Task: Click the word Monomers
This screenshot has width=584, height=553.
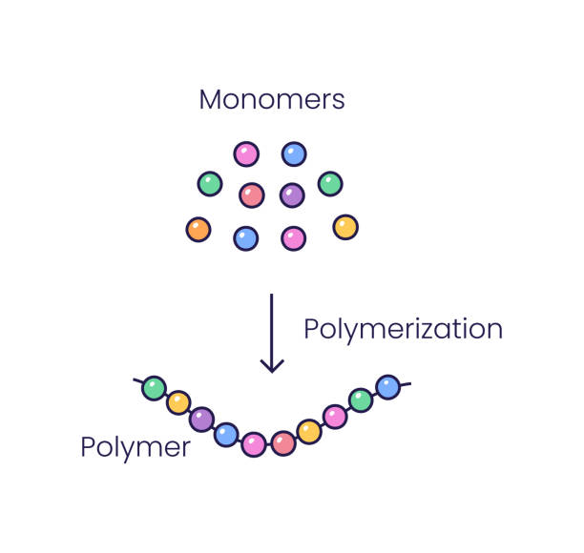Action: pyautogui.click(x=271, y=99)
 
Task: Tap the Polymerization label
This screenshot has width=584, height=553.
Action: pyautogui.click(x=403, y=329)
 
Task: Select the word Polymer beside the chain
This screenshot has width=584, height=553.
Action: pyautogui.click(x=135, y=446)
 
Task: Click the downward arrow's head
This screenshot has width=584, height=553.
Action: pyautogui.click(x=272, y=364)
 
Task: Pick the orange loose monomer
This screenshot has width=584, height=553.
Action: pyautogui.click(x=198, y=229)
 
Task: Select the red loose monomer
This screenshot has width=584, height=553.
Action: pyautogui.click(x=251, y=195)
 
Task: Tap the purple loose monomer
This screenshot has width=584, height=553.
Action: pyautogui.click(x=292, y=195)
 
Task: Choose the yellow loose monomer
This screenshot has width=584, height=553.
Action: pyautogui.click(x=345, y=227)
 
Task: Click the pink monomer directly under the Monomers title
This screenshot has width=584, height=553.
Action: pyautogui.click(x=246, y=154)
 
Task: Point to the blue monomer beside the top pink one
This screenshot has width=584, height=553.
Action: pyautogui.click(x=294, y=154)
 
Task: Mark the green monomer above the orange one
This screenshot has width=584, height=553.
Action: pyautogui.click(x=210, y=183)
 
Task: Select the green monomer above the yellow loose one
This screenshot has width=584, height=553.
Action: pyautogui.click(x=330, y=183)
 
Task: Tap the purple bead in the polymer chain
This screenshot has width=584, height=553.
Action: pyautogui.click(x=201, y=419)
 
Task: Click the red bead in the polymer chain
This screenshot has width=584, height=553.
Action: pyautogui.click(x=283, y=443)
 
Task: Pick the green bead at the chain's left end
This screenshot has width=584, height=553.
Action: pyautogui.click(x=154, y=388)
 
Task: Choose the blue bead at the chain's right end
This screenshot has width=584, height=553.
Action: pyautogui.click(x=387, y=386)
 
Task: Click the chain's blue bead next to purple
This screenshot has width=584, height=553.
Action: pyautogui.click(x=226, y=435)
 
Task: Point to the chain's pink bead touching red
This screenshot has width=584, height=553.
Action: pyautogui.click(x=254, y=444)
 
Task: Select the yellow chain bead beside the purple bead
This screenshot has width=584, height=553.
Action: pyautogui.click(x=178, y=402)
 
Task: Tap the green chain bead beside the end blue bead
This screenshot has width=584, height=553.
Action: pyautogui.click(x=361, y=400)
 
